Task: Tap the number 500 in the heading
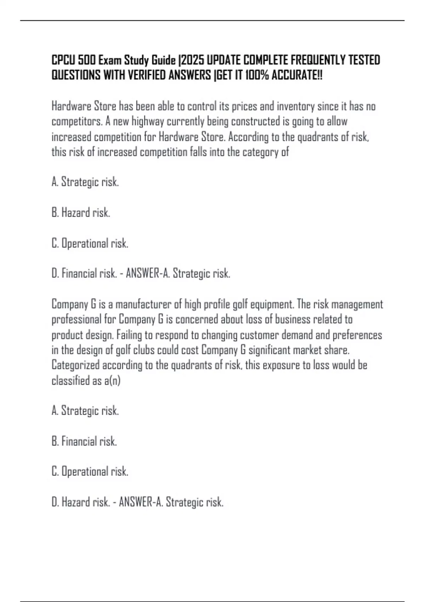[87, 61]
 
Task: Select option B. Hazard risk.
[81, 212]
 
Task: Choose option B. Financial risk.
[84, 441]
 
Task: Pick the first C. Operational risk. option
[90, 243]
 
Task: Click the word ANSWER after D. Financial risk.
[142, 273]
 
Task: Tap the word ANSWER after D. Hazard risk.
[135, 502]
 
